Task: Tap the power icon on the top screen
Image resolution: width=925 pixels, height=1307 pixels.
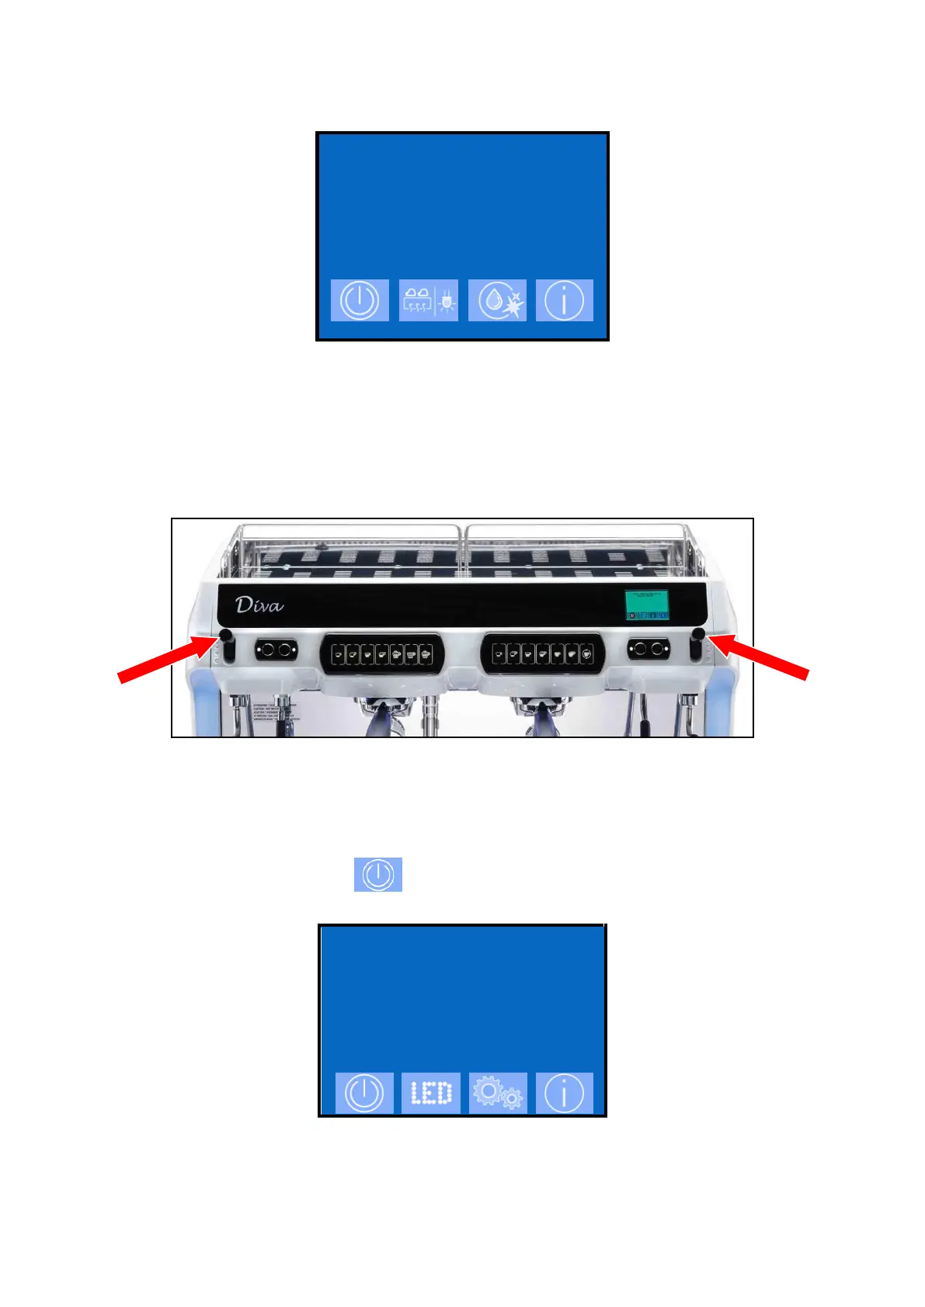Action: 360,300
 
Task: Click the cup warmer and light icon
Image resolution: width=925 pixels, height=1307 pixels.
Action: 429,300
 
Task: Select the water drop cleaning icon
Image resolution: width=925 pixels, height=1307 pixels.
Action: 497,300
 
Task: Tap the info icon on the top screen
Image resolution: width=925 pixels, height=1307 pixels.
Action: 565,300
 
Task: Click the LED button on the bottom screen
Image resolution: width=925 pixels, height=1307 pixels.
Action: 431,1094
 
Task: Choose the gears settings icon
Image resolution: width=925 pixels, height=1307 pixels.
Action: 498,1094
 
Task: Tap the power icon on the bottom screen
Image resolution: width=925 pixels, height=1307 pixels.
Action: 364,1094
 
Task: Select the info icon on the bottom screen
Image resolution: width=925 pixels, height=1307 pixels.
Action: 565,1094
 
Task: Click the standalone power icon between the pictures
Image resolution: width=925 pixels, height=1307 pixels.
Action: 378,875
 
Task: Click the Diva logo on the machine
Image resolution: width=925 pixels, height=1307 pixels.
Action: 259,605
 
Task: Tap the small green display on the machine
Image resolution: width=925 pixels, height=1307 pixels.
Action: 647,605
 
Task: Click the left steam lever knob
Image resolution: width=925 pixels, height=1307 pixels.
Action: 226,636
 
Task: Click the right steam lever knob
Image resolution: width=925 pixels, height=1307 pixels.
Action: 698,635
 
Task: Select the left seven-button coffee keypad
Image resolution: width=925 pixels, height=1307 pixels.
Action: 381,655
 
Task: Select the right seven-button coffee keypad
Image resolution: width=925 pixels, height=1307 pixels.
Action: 543,654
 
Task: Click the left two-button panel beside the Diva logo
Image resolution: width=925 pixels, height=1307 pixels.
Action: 276,649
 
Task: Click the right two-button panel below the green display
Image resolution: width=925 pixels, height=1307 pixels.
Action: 649,649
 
